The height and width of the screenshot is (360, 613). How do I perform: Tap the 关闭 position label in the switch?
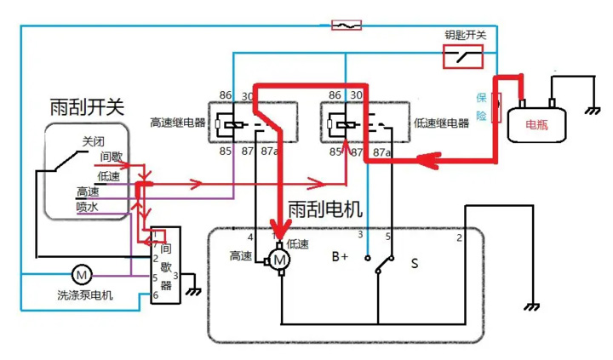point(94,141)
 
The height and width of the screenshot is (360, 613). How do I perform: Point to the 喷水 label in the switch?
point(88,206)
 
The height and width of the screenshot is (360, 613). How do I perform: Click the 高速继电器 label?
point(177,123)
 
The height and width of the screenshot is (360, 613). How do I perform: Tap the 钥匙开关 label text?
point(465,35)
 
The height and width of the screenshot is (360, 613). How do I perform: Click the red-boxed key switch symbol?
point(463,57)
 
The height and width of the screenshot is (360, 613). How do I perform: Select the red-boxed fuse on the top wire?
point(346,26)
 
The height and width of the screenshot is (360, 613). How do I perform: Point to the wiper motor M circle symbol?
point(279,258)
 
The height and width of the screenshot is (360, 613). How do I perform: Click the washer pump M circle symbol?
point(82,275)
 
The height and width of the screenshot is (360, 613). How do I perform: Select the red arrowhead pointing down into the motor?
point(278,228)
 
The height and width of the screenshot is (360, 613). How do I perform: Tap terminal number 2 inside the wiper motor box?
point(460,237)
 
